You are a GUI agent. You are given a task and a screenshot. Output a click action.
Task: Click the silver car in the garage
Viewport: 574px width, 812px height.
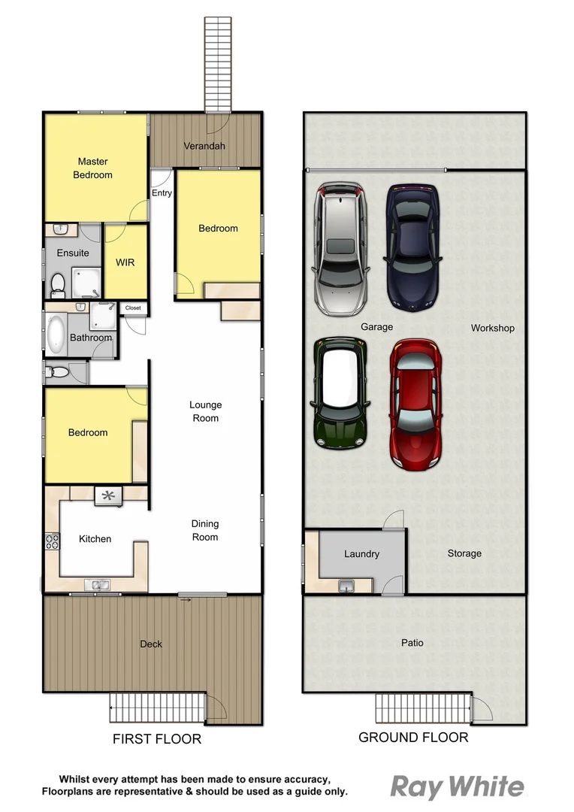tap(341, 249)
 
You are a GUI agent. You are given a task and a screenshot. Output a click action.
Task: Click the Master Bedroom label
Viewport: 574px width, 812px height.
tap(92, 168)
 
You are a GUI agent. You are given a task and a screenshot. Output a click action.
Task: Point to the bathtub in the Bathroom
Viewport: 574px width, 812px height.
tap(57, 334)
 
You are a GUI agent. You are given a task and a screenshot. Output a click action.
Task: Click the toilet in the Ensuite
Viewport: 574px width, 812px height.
tap(57, 284)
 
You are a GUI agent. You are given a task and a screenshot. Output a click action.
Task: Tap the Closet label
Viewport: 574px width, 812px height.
tap(133, 308)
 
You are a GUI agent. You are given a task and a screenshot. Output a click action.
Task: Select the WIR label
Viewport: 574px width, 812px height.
tap(125, 263)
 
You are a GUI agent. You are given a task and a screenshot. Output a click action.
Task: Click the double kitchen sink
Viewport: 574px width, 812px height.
tap(98, 584)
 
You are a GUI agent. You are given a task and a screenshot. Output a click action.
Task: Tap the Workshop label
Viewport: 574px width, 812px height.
tap(492, 329)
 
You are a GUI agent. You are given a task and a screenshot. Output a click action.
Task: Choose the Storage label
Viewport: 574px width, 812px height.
tap(464, 554)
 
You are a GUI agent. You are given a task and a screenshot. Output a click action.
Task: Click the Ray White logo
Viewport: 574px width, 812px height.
tap(458, 787)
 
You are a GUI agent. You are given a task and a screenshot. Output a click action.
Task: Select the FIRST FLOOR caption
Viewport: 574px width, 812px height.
tap(157, 739)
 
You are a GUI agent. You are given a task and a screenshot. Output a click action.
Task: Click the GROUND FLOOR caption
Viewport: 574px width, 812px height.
tap(413, 738)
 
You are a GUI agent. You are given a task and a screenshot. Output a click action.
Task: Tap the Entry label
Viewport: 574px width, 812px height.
tap(162, 193)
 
